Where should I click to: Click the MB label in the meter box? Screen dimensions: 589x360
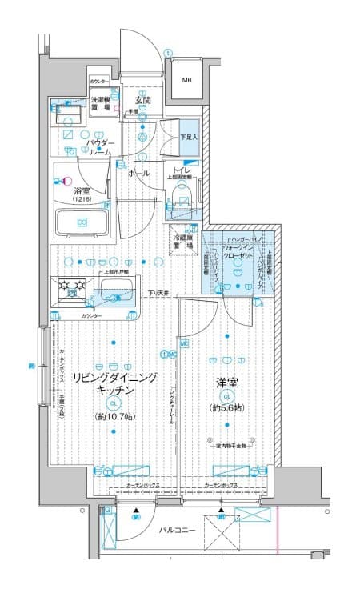(186, 80)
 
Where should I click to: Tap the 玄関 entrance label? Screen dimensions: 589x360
(143, 101)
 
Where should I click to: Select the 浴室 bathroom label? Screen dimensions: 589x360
(82, 193)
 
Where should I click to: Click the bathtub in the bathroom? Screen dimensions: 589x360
(82, 222)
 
